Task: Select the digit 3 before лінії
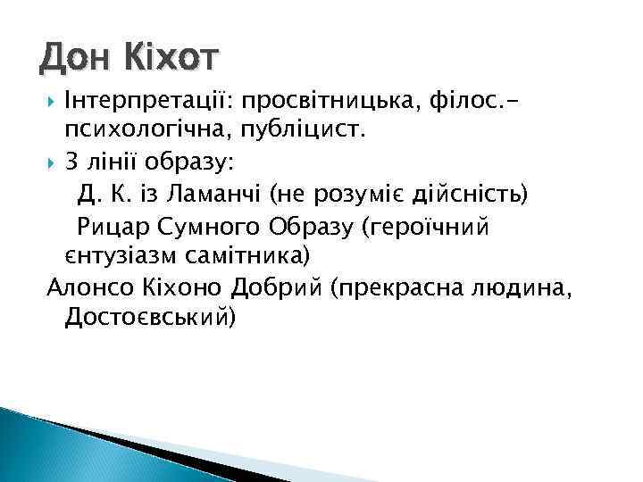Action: [x=72, y=162]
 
